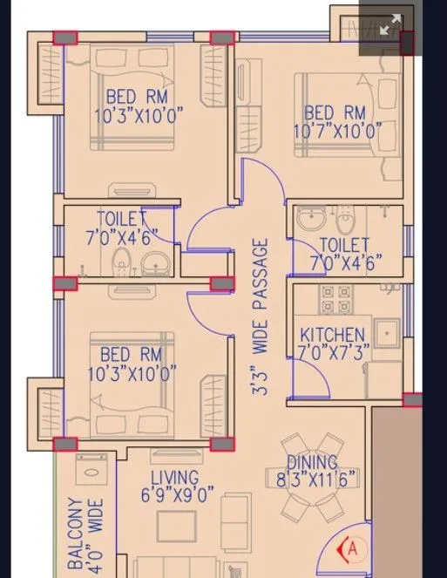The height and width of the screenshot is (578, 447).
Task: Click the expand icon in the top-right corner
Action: point(389,25)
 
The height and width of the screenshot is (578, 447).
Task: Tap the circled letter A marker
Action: point(352,549)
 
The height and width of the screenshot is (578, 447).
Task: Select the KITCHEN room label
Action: point(332,335)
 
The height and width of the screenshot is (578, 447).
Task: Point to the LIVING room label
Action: point(174,478)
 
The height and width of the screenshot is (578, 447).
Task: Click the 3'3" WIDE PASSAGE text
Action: point(261,318)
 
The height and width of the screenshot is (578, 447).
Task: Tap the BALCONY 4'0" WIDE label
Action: point(85,534)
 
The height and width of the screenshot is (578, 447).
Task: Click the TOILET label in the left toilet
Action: point(121,219)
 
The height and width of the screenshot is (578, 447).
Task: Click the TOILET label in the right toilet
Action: point(344,245)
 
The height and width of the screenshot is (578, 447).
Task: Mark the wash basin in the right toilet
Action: point(309,220)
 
